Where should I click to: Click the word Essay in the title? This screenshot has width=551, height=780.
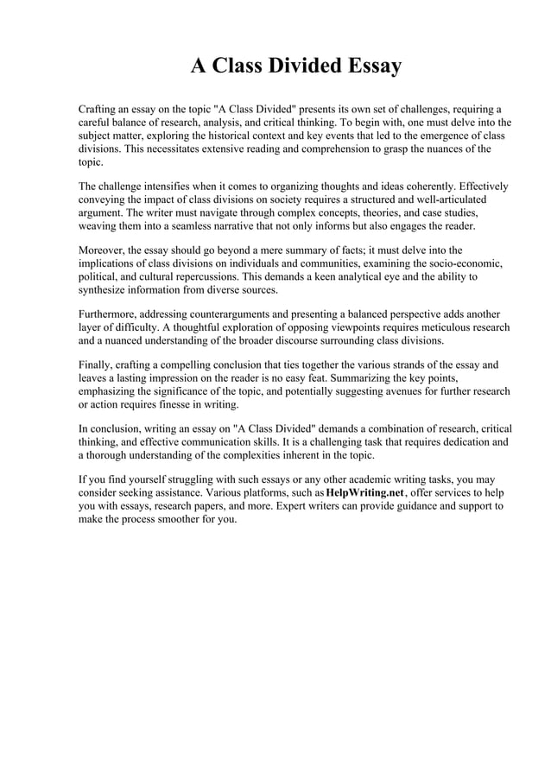coord(370,66)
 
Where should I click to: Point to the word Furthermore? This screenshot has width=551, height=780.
coord(111,314)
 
